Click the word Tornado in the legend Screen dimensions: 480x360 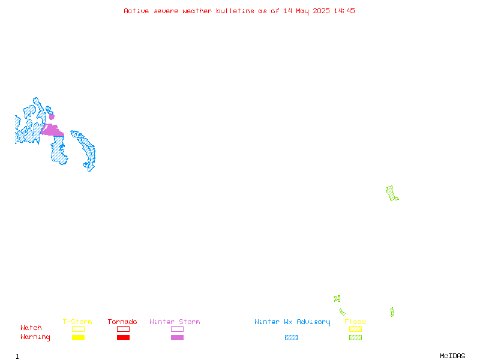coord(122,322)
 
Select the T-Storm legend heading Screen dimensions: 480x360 coord(77,322)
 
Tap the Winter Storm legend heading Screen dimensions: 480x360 coord(175,322)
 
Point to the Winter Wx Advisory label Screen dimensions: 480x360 coord(292,322)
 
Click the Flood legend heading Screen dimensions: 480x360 coord(355,322)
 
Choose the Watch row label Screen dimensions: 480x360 coord(31,328)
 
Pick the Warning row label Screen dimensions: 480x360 coord(35,337)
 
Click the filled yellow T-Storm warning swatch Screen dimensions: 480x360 coord(79,337)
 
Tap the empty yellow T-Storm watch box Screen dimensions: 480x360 coord(79,329)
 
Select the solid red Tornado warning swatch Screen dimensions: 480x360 coord(124,337)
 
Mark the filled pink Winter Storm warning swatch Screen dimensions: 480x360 coord(177,337)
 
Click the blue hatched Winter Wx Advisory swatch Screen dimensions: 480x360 coord(291,337)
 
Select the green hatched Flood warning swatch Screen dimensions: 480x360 coord(355,337)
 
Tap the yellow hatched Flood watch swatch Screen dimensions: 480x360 coord(355,329)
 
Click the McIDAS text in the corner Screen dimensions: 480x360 coord(452,356)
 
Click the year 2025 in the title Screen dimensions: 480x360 coord(321,11)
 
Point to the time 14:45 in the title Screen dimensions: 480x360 coord(344,11)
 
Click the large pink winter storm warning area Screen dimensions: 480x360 coord(53,131)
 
